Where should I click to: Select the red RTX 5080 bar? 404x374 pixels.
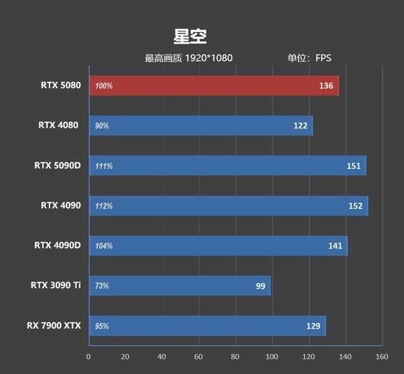[x=214, y=86]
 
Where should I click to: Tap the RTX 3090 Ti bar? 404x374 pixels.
[x=180, y=285]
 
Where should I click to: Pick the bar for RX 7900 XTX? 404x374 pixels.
[x=208, y=326]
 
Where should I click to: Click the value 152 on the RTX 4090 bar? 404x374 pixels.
[x=356, y=206]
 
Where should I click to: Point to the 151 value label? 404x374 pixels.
[x=354, y=166]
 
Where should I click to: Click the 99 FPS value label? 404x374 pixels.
[x=260, y=286]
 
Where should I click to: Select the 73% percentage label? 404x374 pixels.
[x=102, y=286]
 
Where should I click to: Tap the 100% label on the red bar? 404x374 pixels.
[x=104, y=86]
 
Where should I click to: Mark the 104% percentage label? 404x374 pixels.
[x=104, y=246]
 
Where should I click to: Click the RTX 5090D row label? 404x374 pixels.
[x=58, y=166]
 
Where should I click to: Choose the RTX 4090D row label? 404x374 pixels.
[x=58, y=246]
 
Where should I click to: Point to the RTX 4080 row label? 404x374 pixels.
[x=59, y=125]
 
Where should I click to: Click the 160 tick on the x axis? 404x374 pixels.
[x=382, y=357]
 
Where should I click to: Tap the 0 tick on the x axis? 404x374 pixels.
[x=89, y=357]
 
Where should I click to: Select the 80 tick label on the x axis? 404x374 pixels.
[x=235, y=357]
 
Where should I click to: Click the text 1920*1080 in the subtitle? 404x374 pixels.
[x=209, y=59]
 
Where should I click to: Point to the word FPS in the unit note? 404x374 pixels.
[x=323, y=59]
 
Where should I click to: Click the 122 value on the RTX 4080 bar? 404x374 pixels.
[x=301, y=126]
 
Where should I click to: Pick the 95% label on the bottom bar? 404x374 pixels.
[x=102, y=326]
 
